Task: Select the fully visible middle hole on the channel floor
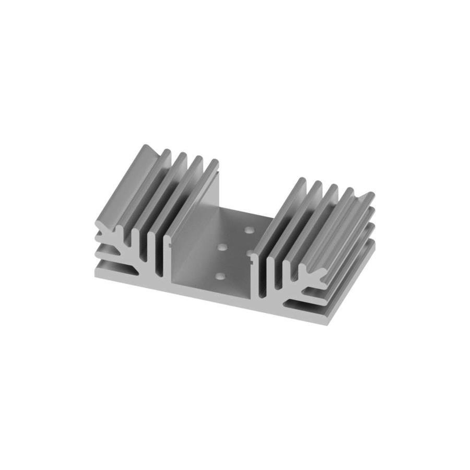click(221, 246)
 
